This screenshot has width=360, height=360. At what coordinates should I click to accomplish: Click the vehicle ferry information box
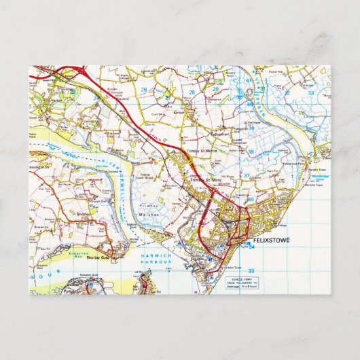242,282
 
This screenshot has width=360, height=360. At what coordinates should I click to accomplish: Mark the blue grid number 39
251,128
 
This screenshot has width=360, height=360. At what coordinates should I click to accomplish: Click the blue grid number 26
144,88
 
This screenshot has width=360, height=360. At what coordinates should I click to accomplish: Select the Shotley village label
83,212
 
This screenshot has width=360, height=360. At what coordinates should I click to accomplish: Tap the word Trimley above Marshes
147,205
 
